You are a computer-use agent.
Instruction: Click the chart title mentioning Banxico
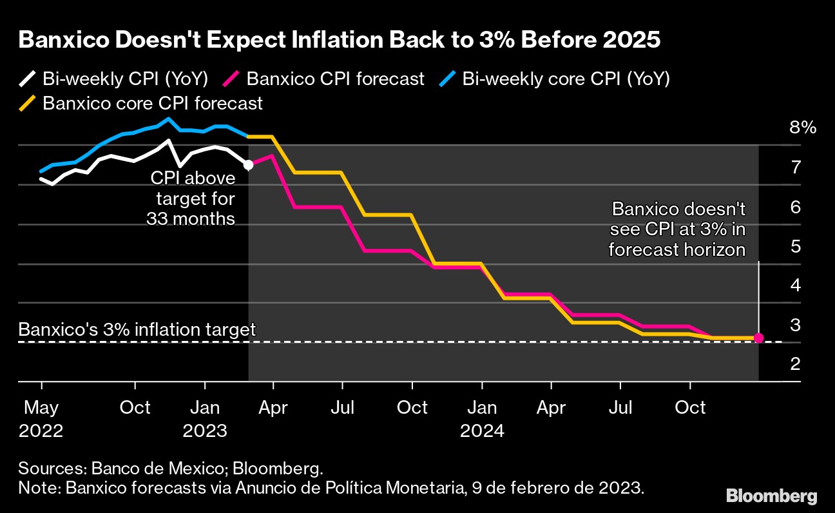click(340, 40)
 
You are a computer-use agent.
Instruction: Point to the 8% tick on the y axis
click(802, 128)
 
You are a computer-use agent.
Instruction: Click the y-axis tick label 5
click(796, 246)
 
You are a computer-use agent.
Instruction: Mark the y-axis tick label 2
click(796, 364)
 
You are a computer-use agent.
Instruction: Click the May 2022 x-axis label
click(41, 419)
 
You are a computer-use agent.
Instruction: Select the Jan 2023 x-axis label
click(205, 419)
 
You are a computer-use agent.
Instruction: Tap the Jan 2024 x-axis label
click(482, 419)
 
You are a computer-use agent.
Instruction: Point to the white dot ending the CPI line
click(249, 165)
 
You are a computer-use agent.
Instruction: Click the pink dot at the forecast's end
click(758, 338)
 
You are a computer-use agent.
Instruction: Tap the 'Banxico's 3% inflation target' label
click(137, 330)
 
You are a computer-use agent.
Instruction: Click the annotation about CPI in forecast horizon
click(678, 229)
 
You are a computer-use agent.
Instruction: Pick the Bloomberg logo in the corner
click(771, 496)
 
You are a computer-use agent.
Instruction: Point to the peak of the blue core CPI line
click(169, 119)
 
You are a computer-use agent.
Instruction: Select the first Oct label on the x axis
click(135, 408)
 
